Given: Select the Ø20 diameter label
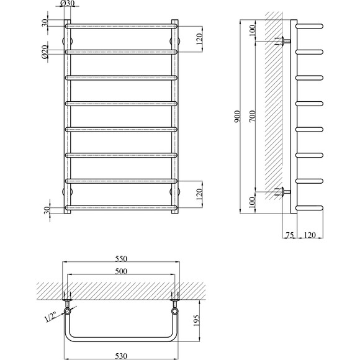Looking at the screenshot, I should point(45,53).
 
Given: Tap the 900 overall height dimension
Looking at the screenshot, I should point(237,118).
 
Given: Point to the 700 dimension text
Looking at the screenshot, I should point(252,118).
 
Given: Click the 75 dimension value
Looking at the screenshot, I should point(290,235).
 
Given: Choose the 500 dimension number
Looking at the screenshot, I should point(120,271).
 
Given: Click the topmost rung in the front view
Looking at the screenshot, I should point(120,26).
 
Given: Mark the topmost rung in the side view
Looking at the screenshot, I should point(310,26).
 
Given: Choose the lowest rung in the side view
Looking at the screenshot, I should point(310,207).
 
